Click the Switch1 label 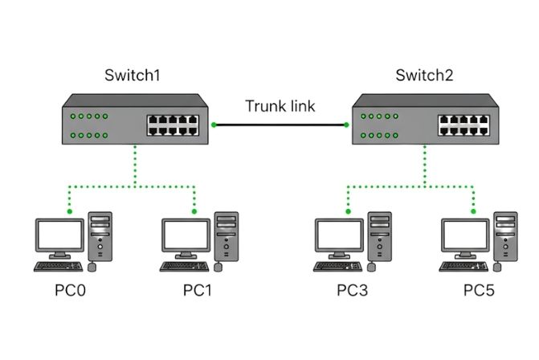coord(133,76)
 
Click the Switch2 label coord(424,76)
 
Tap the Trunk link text coord(280,105)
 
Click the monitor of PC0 coord(59,235)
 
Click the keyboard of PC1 coord(185,265)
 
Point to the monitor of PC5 coord(465,235)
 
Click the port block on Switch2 coord(464,125)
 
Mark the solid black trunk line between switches coord(280,125)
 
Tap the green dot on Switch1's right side coord(214,125)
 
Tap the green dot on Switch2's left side coord(346,125)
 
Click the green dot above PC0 coord(70,212)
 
